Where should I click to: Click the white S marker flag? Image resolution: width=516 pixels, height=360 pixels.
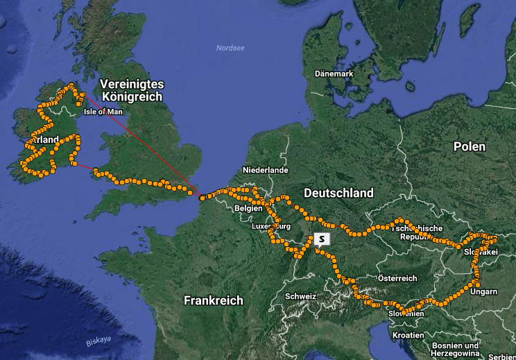click(x=322, y=239)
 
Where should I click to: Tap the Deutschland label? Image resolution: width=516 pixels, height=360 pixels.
click(x=338, y=193)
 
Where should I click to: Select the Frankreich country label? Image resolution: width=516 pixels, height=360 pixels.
click(x=214, y=300)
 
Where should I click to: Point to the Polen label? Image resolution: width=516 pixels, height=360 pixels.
click(x=470, y=146)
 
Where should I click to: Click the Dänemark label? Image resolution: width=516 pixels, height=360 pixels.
click(x=334, y=74)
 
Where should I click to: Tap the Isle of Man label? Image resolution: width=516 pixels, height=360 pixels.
click(x=103, y=111)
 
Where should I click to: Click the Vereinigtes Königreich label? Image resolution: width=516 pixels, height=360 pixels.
click(x=132, y=90)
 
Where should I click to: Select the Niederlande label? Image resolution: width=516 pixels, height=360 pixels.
click(x=266, y=170)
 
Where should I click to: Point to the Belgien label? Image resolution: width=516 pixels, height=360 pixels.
click(x=249, y=208)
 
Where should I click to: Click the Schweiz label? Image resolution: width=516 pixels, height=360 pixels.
click(x=300, y=296)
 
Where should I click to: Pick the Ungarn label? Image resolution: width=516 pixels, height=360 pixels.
click(x=483, y=291)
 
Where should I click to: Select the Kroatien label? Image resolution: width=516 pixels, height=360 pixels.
click(x=408, y=334)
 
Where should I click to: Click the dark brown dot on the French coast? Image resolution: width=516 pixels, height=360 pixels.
click(x=202, y=198)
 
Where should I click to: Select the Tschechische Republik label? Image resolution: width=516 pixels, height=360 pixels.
click(x=418, y=232)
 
